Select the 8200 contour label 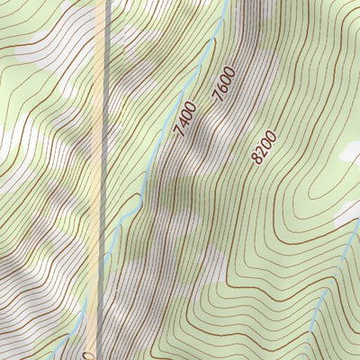[265, 147]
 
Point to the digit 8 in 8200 [257, 159]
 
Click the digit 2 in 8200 [262, 151]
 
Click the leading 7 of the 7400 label [178, 133]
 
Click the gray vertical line [109, 135]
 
